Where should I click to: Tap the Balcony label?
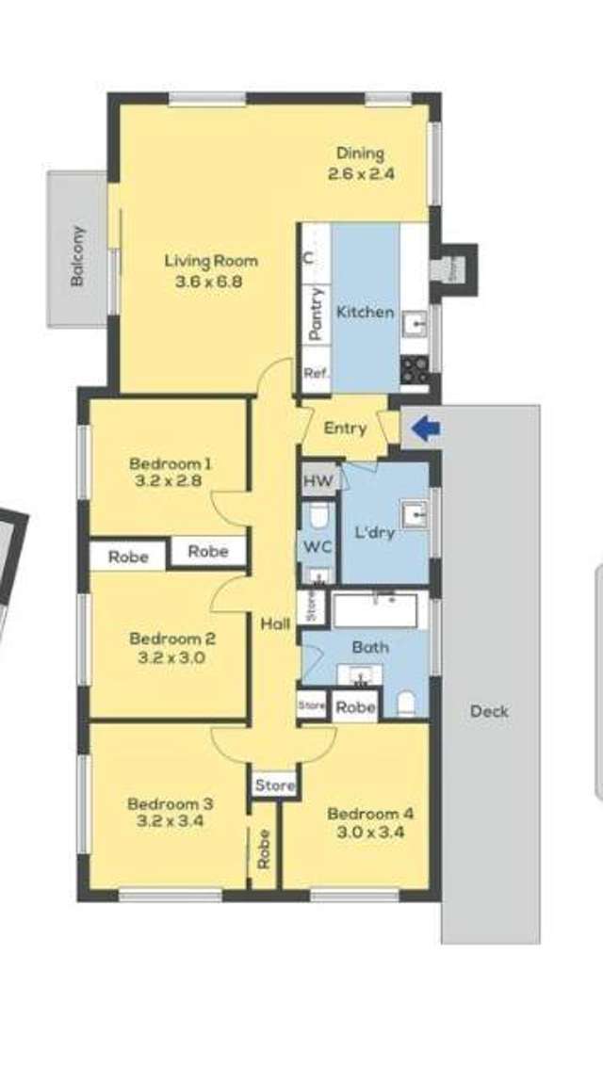tap(79, 256)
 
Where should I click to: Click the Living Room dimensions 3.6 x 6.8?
tap(211, 280)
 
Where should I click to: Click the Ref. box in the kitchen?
tap(315, 374)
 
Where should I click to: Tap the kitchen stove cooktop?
tap(415, 369)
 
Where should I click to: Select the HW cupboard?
tap(318, 480)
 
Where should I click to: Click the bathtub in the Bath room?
tap(381, 609)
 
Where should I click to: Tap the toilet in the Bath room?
tap(407, 704)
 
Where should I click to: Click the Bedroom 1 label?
tap(170, 463)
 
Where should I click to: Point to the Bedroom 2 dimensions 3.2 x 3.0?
tap(168, 657)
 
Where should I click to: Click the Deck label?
tap(490, 711)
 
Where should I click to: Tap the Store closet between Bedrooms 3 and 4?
tap(275, 785)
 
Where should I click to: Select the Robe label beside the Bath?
tap(355, 707)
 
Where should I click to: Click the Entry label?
tap(345, 428)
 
